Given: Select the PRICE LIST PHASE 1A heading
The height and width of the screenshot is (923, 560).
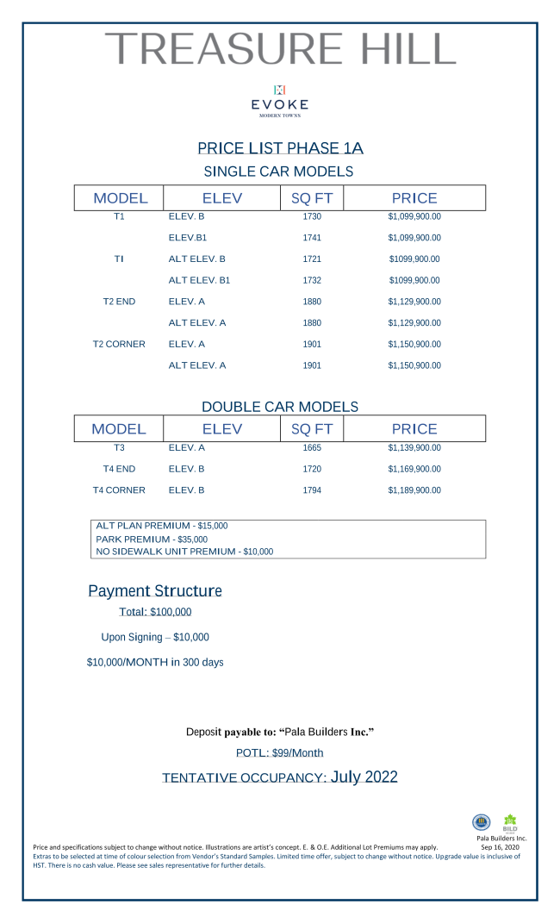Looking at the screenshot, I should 280,148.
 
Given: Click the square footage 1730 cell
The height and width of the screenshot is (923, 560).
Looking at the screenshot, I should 312,216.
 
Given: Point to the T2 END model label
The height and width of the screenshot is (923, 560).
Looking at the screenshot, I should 119,302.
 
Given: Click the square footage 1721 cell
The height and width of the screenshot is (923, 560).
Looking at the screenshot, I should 312,259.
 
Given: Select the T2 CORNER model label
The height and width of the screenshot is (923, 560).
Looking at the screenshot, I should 119,344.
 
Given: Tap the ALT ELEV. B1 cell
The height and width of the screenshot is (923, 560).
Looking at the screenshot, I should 199,280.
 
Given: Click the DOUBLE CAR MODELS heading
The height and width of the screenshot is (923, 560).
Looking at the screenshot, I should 280,407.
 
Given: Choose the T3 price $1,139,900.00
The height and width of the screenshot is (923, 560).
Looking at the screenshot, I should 414,448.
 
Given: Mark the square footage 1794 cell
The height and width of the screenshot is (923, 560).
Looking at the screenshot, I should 312,490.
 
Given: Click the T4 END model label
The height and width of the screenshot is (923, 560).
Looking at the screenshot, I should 119,469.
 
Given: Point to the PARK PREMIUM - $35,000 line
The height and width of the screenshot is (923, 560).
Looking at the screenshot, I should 152,539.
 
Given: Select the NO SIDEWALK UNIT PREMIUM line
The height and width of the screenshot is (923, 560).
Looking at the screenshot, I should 184,552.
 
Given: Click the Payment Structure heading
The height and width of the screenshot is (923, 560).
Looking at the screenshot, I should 155,591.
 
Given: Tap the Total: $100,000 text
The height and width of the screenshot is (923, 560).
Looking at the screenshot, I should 155,613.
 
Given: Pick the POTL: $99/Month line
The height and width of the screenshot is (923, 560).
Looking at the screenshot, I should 280,753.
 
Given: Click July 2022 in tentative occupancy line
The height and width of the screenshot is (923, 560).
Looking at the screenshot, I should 364,777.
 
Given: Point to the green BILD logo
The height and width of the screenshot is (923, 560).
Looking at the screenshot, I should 510,822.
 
